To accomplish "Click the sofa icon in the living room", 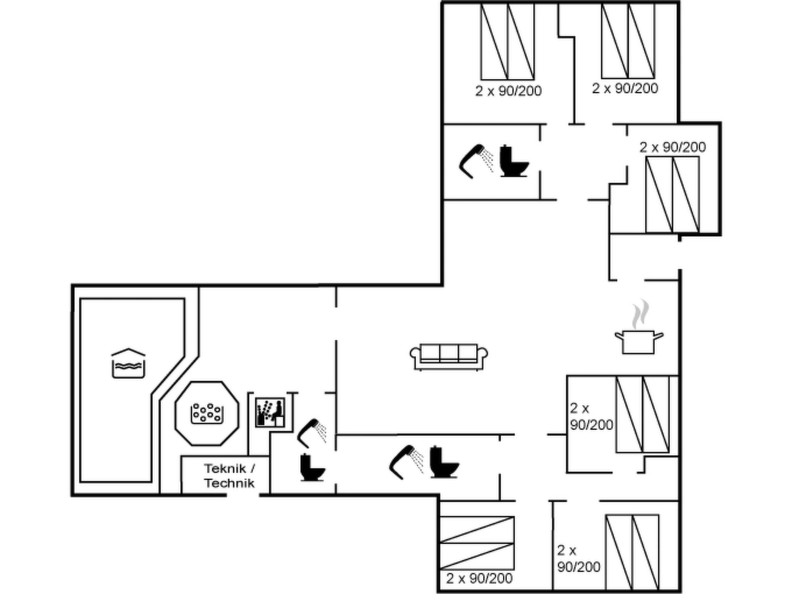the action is tap(449, 357).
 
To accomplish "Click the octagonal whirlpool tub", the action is tap(207, 413).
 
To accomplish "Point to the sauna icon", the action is tap(270, 412).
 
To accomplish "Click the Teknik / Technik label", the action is tap(230, 476).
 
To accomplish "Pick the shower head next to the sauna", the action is tap(312, 433).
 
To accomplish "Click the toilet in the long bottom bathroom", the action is tap(444, 462).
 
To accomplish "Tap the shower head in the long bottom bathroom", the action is tap(406, 463).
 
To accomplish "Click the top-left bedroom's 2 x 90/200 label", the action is tap(509, 91).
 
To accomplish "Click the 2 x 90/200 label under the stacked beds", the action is tap(480, 579).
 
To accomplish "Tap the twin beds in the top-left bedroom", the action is tap(507, 41).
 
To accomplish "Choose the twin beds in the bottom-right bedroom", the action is tap(632, 553).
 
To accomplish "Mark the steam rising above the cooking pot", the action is tap(640, 314).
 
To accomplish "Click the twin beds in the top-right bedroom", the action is tap(628, 40).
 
